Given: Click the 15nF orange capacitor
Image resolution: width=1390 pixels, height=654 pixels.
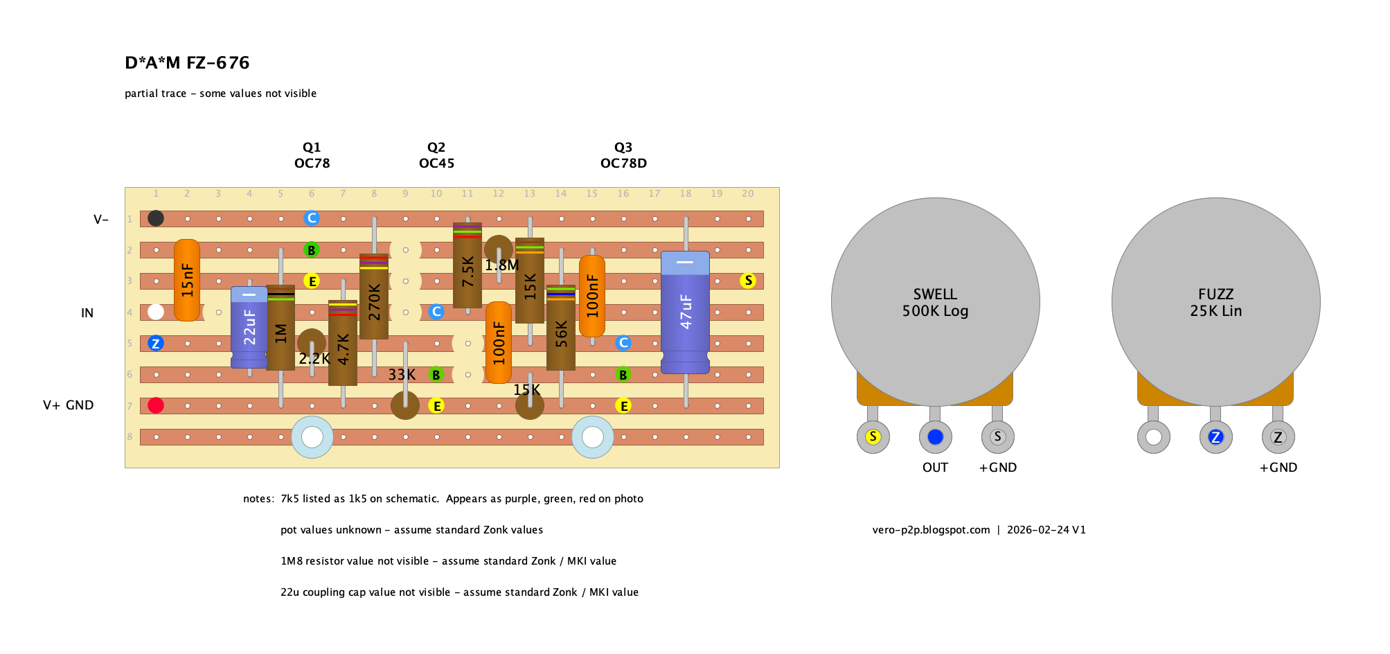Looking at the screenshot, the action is pos(187,280).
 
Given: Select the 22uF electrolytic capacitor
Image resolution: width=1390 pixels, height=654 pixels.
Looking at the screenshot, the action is pos(249,327).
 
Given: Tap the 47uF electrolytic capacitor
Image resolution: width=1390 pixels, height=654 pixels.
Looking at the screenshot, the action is pos(685,312).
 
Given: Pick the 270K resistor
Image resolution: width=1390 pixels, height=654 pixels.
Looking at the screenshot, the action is pos(374,297).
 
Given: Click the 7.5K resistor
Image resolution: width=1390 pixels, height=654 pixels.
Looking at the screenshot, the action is pos(467,265).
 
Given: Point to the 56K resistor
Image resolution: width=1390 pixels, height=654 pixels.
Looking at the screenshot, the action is pos(561,328).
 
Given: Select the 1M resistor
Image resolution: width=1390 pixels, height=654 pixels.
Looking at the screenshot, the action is pos(280,328).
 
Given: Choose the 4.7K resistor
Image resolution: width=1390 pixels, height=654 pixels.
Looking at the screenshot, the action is pos(343,343).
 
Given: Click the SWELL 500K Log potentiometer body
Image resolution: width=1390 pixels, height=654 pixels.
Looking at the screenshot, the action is pos(935,302).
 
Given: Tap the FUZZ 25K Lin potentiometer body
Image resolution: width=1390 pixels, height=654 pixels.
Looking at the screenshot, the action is pos(1215,302).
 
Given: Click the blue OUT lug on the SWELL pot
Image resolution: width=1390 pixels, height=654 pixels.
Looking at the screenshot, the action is pos(935,437).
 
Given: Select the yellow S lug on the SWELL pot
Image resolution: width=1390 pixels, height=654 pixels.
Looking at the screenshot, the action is pos(873,437).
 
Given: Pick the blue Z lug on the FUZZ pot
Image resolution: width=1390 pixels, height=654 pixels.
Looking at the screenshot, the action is pos(1215,437).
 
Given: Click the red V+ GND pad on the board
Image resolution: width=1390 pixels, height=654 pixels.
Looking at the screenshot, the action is pos(156,405).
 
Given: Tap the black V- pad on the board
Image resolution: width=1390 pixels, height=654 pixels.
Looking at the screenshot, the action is pos(156,218).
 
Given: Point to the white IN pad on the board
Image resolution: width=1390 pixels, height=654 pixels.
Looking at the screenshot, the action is pos(156,312).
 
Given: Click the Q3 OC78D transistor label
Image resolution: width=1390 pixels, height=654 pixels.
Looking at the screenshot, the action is pos(623,155).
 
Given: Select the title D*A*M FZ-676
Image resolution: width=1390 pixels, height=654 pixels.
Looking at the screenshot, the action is pos(187,63).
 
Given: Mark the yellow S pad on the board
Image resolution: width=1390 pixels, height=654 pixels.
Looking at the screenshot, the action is pos(748,281).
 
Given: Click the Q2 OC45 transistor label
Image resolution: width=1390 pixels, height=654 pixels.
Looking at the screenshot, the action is pos(436,155).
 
